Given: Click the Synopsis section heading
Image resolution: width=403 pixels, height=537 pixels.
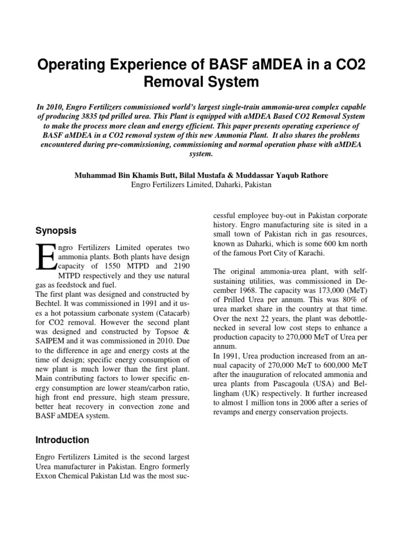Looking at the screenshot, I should click(56, 231).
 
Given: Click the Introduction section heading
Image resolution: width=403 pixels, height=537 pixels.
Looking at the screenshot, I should click(62, 440).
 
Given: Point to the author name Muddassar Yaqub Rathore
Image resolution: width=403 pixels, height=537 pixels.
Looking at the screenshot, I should click(280, 175).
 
